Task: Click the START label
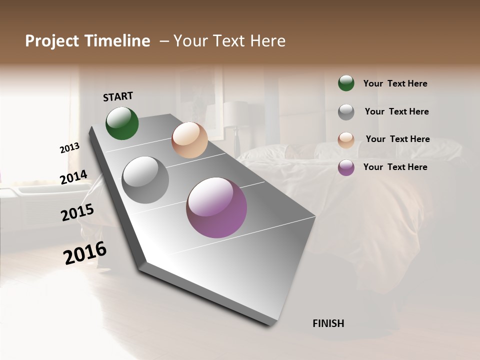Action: pos(118,96)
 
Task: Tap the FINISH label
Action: pos(328,323)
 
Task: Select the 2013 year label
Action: pos(70,148)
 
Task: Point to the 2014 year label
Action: pos(74,177)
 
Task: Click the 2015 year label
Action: pos(77,212)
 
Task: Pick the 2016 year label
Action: pos(85,252)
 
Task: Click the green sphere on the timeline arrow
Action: pos(122,123)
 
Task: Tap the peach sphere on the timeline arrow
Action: pos(189,140)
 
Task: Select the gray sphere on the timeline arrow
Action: pos(145,180)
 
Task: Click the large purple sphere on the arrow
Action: pos(216,207)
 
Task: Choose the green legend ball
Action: pos(346,83)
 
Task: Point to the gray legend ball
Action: pos(346,111)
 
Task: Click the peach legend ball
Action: pos(346,139)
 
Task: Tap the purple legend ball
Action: pos(346,167)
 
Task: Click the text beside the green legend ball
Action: pos(395,83)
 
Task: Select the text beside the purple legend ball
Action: pos(395,167)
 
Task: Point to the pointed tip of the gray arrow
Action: pos(272,325)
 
